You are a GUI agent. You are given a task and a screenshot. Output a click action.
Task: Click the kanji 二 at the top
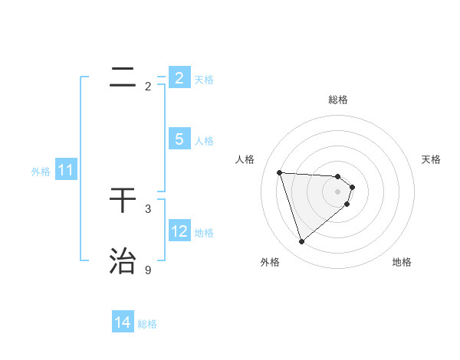pos(123,77)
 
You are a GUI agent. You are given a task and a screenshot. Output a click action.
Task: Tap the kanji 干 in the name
pos(123,201)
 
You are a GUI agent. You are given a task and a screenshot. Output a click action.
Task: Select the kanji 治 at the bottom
pos(123,261)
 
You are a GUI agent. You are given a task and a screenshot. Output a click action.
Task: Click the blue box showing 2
pos(179,77)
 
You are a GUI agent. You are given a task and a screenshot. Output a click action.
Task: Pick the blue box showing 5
pos(179,139)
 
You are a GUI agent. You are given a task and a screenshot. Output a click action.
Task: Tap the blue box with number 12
pos(179,231)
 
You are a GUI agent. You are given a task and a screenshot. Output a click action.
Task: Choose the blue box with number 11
pos(65,171)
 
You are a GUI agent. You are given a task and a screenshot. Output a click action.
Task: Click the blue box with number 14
pos(123,323)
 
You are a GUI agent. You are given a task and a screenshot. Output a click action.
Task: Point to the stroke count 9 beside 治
pos(148,270)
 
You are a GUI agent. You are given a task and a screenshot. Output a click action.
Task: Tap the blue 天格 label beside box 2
pos(204,80)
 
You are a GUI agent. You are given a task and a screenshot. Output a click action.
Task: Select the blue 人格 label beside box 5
pos(204,141)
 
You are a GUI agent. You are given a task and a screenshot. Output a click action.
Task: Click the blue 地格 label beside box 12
pos(204,233)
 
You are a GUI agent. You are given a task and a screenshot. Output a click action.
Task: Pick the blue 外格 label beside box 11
pos(41,172)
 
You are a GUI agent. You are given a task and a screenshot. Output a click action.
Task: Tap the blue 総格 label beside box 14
pos(147,324)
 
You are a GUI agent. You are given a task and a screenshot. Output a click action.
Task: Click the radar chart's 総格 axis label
pos(338,100)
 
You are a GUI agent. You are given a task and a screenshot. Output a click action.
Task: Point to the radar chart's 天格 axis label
pos(432,159)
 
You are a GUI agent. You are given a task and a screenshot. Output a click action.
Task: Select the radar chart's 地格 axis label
pos(402,262)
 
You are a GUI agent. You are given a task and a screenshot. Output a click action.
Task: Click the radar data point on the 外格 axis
pos(301,242)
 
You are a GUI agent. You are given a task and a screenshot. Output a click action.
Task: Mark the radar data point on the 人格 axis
pos(279,172)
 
